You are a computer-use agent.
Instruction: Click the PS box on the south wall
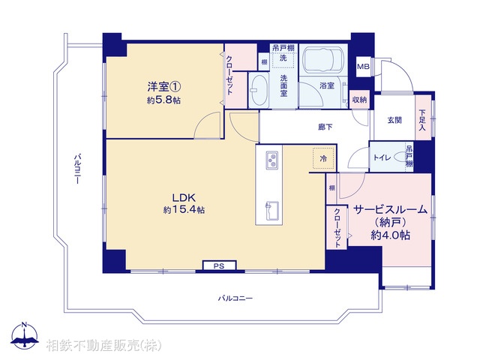[219, 265]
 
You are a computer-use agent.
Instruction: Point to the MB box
[363, 67]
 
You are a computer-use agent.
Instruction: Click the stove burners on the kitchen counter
[271, 159]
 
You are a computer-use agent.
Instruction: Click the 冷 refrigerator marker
[323, 159]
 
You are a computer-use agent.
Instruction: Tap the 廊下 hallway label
[325, 127]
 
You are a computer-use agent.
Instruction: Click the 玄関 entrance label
[394, 120]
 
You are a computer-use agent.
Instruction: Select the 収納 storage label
[359, 100]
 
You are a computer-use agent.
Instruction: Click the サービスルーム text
[391, 210]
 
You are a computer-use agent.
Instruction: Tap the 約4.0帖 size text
[390, 235]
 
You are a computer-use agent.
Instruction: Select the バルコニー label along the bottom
[235, 298]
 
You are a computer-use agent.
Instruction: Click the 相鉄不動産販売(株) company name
[103, 346]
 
